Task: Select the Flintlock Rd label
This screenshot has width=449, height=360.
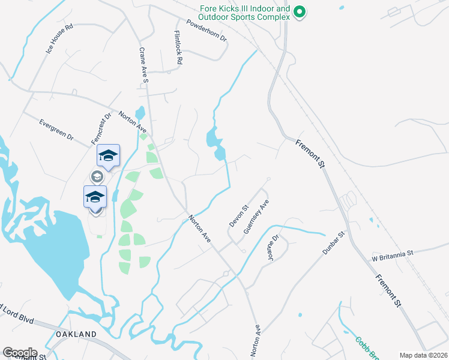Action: pyautogui.click(x=178, y=48)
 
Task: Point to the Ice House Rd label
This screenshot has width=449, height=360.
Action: pyautogui.click(x=59, y=39)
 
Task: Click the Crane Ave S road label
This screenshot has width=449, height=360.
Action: pyautogui.click(x=143, y=65)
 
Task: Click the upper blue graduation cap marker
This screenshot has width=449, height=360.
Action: pyautogui.click(x=108, y=155)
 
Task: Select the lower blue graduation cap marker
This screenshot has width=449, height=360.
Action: pyautogui.click(x=95, y=196)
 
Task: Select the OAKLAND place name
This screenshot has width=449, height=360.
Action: pyautogui.click(x=76, y=334)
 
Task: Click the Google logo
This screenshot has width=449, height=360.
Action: pyautogui.click(x=19, y=353)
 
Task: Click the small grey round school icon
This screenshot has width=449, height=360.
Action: pyautogui.click(x=95, y=176)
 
